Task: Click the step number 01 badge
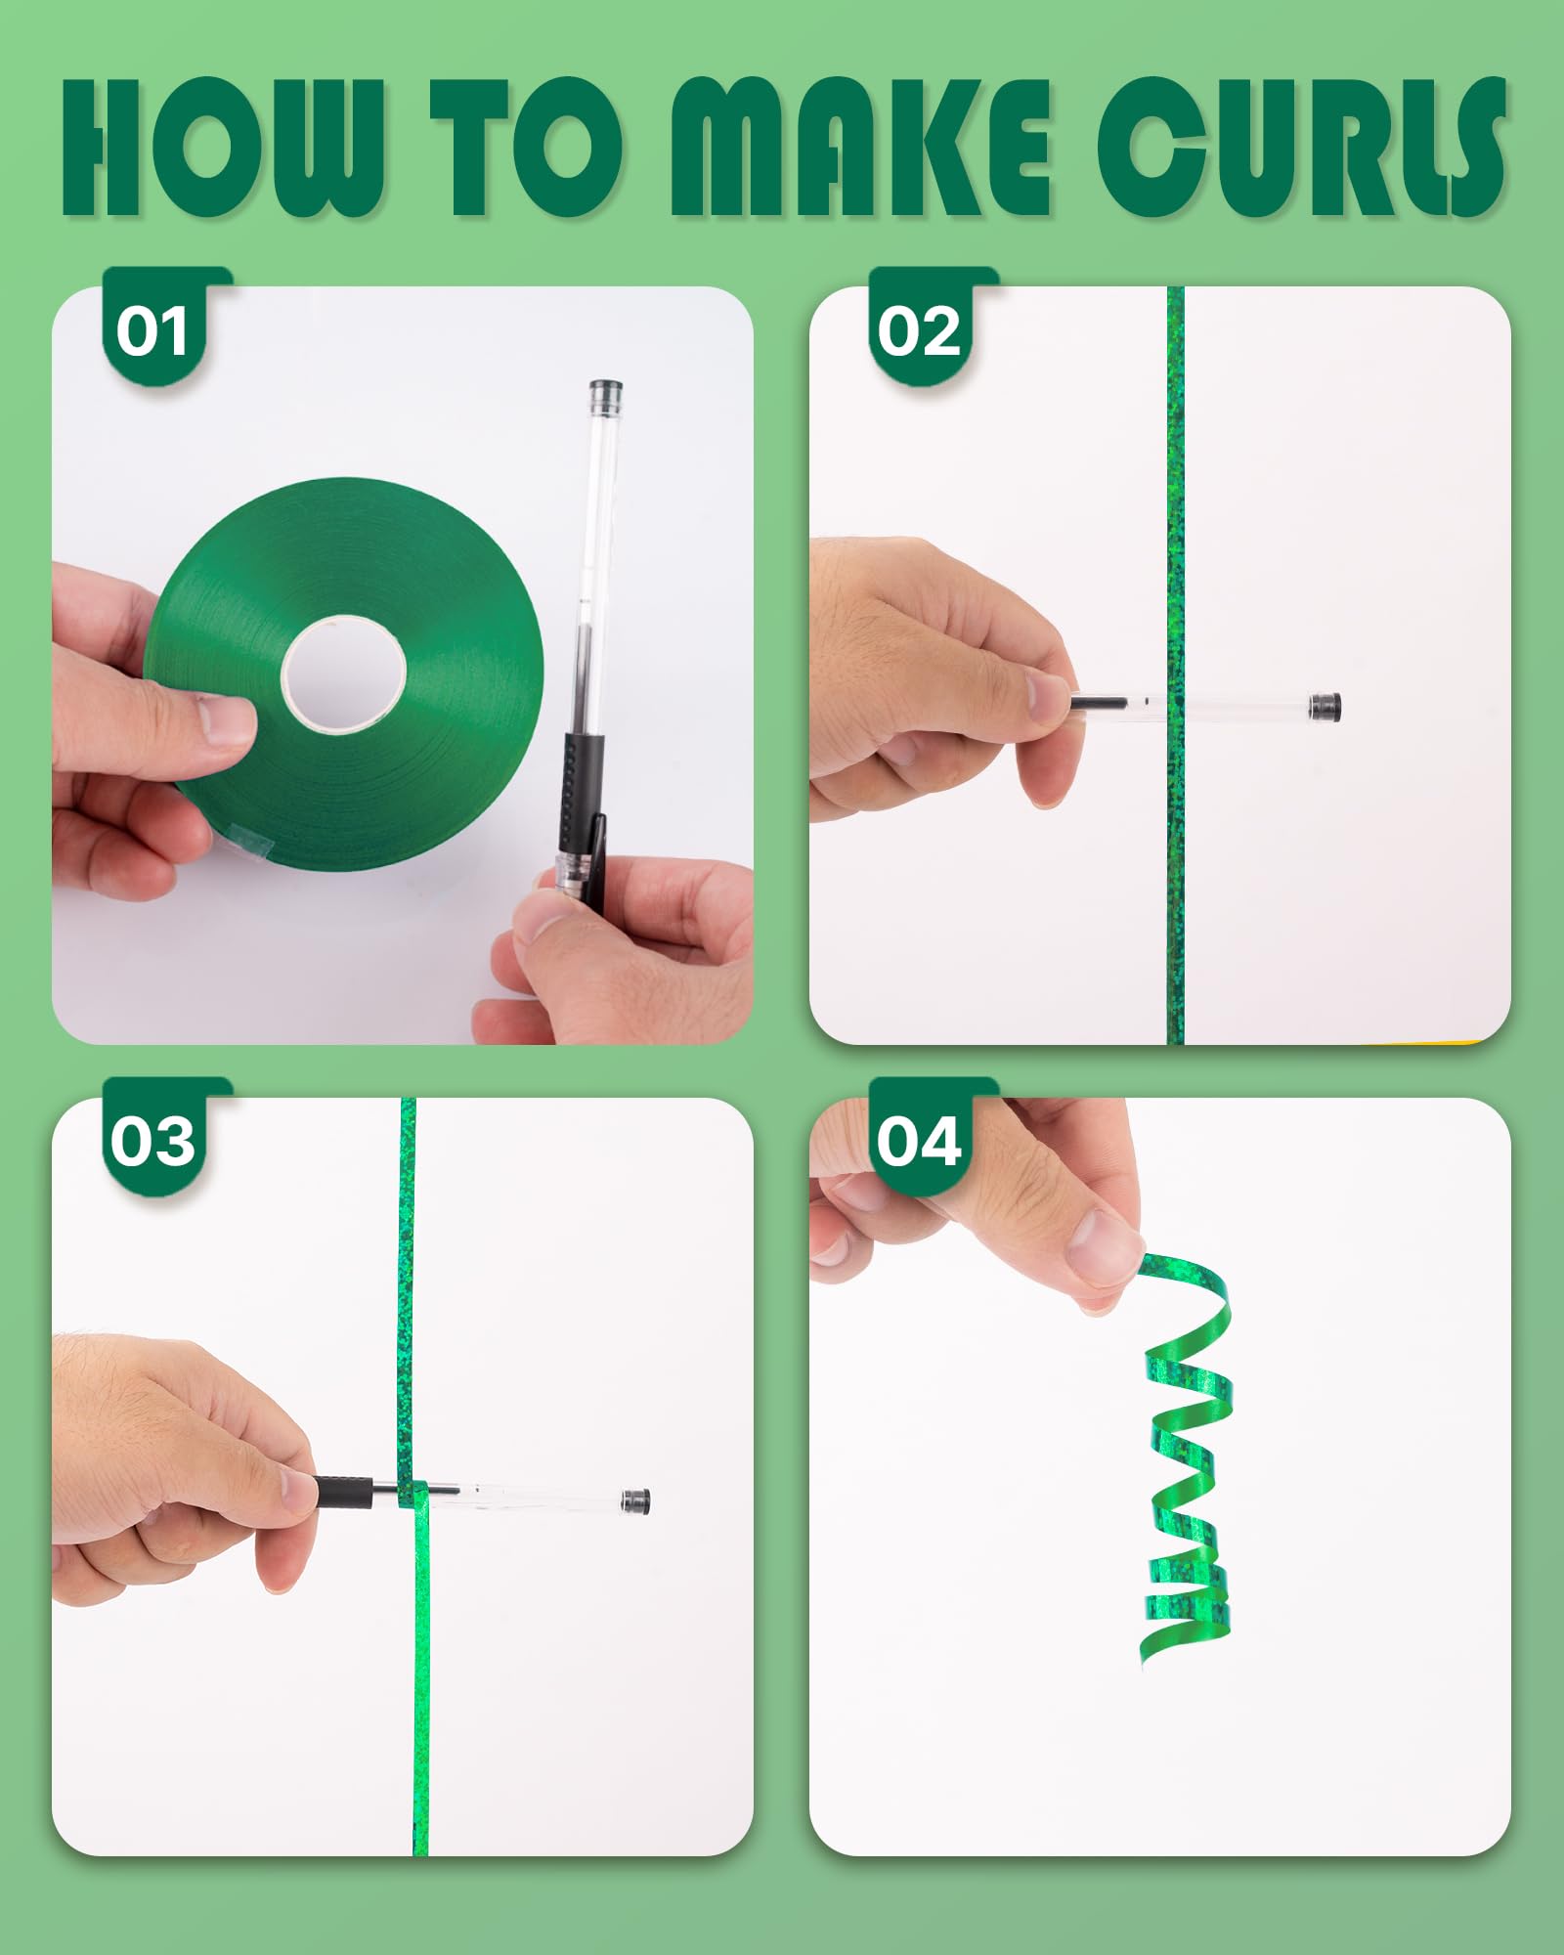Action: pos(152,331)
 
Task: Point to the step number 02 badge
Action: pos(919,331)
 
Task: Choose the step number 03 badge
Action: pos(152,1141)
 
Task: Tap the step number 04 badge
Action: pos(919,1141)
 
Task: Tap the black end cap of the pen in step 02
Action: pos(1325,706)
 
